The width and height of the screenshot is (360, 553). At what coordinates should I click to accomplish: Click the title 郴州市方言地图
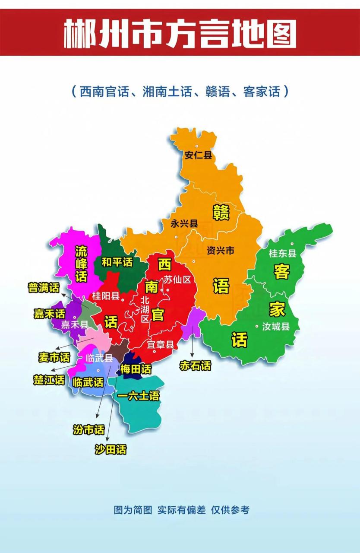coord(180,33)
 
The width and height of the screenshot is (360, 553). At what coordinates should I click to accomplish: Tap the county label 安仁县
coord(198,155)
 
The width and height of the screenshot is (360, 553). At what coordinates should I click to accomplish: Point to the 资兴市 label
coord(220,250)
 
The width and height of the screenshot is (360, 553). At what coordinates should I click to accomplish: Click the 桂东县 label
coord(282,253)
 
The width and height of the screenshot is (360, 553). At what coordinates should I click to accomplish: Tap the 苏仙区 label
coord(177,279)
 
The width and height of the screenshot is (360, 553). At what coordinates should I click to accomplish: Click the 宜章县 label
coord(160,344)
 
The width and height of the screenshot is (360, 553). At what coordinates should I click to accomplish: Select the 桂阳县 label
coord(106,296)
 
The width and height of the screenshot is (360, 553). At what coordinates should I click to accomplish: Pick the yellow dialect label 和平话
coord(117,262)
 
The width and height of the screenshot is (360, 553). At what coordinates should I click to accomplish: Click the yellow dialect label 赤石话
coord(196,366)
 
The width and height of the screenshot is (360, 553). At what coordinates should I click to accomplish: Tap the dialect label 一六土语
coord(138,396)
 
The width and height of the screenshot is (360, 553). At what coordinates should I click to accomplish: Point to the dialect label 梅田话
coord(136,369)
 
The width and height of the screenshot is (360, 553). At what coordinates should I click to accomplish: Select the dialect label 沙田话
coord(111,449)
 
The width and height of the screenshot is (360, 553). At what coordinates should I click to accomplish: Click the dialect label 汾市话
coord(89,429)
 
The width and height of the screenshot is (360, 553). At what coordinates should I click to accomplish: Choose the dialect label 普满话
coord(44,288)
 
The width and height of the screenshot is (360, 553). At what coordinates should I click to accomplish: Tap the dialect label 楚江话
coord(49,380)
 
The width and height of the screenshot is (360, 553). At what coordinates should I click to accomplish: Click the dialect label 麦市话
coord(54,357)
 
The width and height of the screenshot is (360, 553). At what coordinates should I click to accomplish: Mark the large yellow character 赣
coord(221,213)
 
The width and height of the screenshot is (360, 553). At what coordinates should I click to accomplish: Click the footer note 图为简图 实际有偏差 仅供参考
coord(181,510)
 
